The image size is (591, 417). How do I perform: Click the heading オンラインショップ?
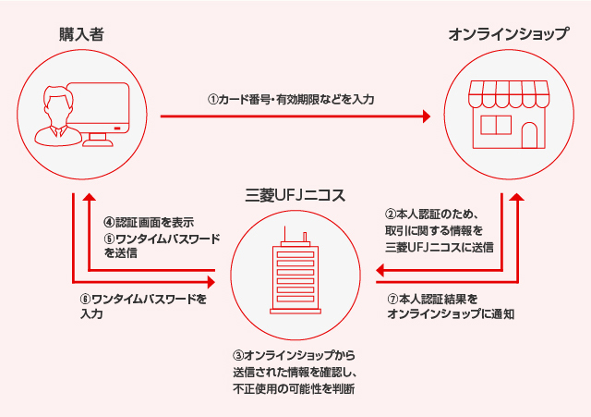508,35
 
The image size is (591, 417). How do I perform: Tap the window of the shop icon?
495,127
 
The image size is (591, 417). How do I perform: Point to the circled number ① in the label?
211,98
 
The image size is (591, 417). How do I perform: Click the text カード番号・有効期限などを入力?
295,98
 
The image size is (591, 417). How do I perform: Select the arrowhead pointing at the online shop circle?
426,117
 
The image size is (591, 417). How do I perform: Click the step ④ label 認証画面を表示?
153,223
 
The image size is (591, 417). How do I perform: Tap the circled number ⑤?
108,238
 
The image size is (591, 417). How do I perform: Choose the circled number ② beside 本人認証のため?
391,215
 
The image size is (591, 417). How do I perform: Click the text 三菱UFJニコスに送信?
438,247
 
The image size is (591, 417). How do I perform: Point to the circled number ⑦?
392,300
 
